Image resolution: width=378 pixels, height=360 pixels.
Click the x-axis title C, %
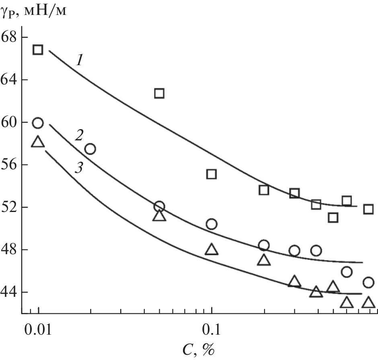tap(197, 350)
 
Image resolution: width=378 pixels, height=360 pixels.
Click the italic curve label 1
tap(80, 61)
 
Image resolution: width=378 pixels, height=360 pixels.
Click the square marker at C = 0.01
tap(38, 50)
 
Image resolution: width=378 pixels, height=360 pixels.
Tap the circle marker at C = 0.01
tap(38, 123)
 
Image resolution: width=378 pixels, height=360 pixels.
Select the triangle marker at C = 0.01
tap(38, 142)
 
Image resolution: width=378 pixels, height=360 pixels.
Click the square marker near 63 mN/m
tap(159, 93)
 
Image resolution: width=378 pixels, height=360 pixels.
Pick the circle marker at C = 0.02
tap(90, 149)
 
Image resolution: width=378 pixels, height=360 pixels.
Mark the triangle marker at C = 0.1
tap(212, 250)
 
